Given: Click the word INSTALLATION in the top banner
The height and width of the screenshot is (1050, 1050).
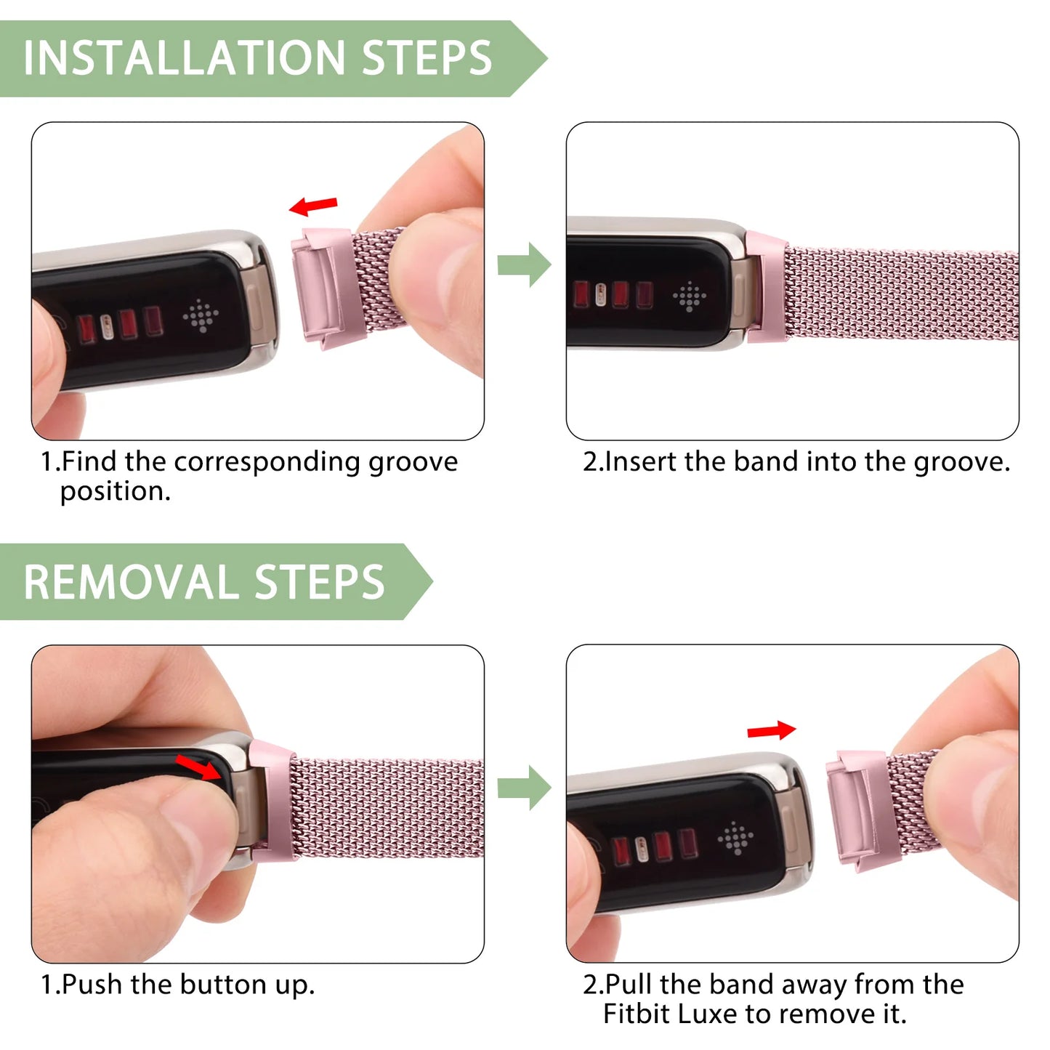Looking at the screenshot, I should [x=184, y=58].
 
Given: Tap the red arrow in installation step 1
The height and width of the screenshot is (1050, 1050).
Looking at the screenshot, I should [x=313, y=206].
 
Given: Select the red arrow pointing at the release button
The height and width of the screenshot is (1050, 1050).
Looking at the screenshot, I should [x=198, y=767].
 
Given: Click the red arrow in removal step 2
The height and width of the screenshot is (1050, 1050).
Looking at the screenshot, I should [x=772, y=730].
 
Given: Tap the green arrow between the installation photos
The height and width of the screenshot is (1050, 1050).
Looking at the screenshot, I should [x=524, y=264].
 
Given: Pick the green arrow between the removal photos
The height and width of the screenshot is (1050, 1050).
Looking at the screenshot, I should [x=524, y=788].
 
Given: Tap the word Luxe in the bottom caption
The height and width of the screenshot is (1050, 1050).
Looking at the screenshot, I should [x=706, y=1014].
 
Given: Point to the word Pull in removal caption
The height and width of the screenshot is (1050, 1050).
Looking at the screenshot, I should [x=629, y=985].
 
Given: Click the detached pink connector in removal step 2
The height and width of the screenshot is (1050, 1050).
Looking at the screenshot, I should [x=858, y=810].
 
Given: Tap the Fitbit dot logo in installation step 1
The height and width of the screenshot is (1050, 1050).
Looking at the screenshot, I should [x=201, y=315].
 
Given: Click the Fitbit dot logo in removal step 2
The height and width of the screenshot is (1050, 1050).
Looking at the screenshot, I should [x=735, y=839].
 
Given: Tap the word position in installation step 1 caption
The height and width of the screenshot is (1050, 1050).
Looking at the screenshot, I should [x=115, y=492].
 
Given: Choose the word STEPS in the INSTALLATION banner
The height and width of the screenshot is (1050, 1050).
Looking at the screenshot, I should [x=427, y=58].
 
